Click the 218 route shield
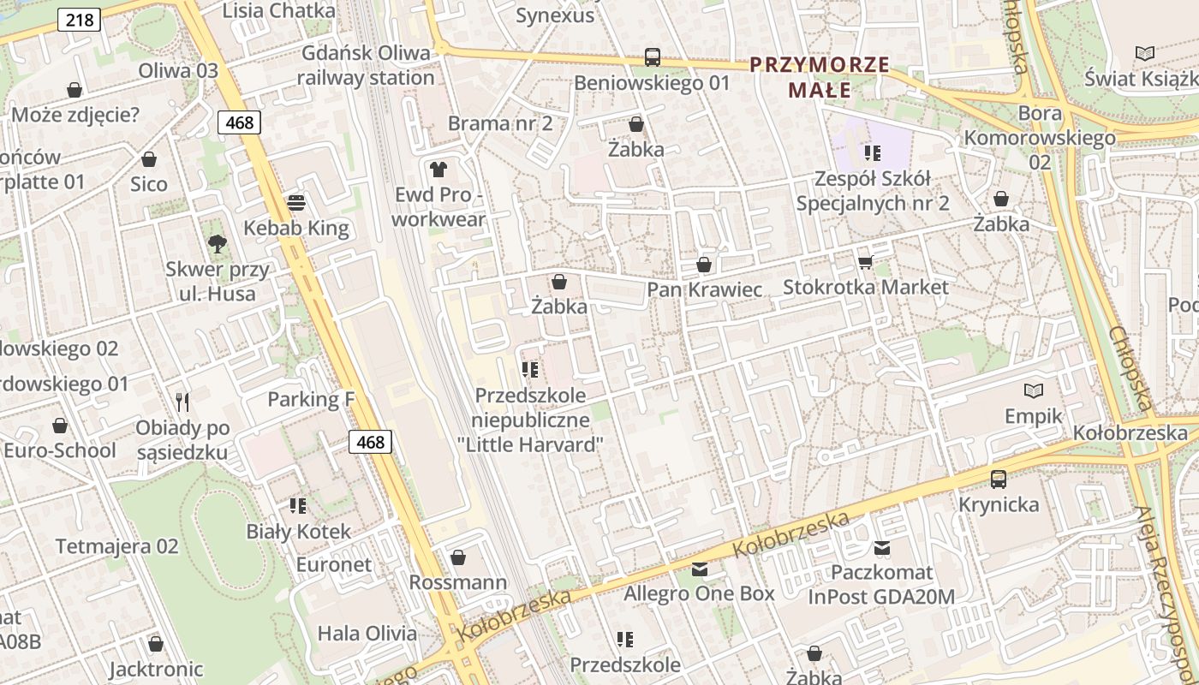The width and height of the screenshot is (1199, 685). click(x=79, y=19)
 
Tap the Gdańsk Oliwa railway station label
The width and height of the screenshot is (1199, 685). click(x=367, y=65)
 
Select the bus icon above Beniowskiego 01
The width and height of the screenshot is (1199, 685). click(x=653, y=57)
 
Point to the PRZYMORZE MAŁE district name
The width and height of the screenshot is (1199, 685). click(x=820, y=77)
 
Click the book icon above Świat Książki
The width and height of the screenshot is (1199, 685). click(x=1145, y=53)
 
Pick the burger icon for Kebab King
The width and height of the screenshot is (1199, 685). click(x=296, y=203)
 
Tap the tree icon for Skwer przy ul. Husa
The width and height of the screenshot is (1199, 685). click(x=218, y=244)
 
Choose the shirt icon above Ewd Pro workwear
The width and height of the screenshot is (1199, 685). click(x=438, y=169)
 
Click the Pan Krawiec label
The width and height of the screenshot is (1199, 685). click(x=704, y=289)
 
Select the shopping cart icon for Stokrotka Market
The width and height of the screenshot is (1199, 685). click(x=866, y=262)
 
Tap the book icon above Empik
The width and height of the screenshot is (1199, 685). click(x=1034, y=391)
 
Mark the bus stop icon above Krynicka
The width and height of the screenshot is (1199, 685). click(x=999, y=479)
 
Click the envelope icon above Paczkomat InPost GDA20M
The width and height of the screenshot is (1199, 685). click(x=882, y=548)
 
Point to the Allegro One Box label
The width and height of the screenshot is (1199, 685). click(x=699, y=593)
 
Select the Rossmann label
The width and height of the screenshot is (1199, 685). click(x=458, y=582)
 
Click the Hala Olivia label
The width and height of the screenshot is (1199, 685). click(x=367, y=634)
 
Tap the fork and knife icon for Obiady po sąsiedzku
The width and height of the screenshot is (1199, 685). click(x=182, y=402)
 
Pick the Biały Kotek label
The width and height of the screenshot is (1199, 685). click(x=298, y=531)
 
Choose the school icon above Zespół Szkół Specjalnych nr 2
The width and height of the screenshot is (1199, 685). click(x=873, y=153)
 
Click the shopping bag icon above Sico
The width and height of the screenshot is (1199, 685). click(x=149, y=159)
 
